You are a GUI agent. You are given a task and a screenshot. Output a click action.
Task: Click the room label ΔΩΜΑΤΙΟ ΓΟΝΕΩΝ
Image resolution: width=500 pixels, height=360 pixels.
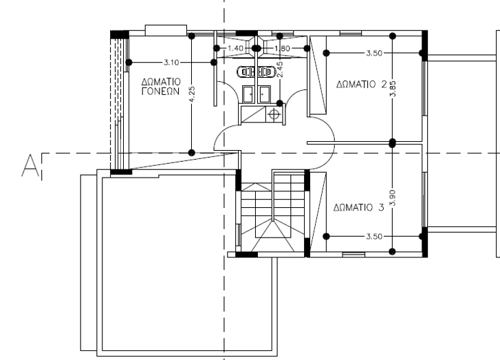(x=161, y=87)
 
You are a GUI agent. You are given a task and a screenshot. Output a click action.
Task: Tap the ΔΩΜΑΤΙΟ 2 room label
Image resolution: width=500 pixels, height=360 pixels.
(x=362, y=84)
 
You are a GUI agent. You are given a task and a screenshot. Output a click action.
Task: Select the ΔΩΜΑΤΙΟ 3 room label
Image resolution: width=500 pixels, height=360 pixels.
(x=359, y=207)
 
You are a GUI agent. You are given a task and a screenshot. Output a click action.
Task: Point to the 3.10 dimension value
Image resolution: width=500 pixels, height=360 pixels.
(x=171, y=62)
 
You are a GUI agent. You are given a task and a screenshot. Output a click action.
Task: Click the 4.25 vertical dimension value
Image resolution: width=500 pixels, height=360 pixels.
(x=192, y=94)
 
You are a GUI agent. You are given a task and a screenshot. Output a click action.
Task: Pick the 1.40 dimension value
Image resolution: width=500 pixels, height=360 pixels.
(x=236, y=48)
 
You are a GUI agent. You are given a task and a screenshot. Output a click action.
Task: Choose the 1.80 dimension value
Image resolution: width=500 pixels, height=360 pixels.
(x=282, y=48)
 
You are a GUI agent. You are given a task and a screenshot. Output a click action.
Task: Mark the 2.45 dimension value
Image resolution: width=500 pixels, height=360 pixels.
(x=280, y=70)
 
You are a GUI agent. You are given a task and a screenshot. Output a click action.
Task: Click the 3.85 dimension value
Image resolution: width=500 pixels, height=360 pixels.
(x=393, y=89)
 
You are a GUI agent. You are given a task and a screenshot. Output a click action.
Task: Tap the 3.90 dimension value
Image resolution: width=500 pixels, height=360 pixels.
(x=393, y=198)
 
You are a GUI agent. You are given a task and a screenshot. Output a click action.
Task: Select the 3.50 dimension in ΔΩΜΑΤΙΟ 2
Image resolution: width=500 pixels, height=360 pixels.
(x=374, y=53)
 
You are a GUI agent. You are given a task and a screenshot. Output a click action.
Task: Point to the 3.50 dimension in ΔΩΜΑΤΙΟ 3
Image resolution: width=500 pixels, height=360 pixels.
(x=374, y=237)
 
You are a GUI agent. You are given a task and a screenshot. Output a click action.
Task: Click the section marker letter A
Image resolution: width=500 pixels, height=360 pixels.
(x=30, y=165)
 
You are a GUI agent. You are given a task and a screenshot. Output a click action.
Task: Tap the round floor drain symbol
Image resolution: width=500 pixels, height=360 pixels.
(x=274, y=114)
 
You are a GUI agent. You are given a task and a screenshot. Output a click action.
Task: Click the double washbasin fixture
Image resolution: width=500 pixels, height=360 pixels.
(x=256, y=72)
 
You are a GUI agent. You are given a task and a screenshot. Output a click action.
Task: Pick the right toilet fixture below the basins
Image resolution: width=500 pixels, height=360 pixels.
(x=264, y=94)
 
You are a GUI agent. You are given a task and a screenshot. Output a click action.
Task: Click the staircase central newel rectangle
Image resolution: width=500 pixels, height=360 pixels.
(x=273, y=230)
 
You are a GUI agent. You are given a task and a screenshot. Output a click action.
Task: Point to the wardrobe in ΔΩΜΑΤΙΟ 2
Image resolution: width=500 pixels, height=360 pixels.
(x=318, y=75)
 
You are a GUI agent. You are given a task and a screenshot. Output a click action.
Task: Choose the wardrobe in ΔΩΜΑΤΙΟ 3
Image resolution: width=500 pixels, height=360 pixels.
(x=318, y=212)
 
